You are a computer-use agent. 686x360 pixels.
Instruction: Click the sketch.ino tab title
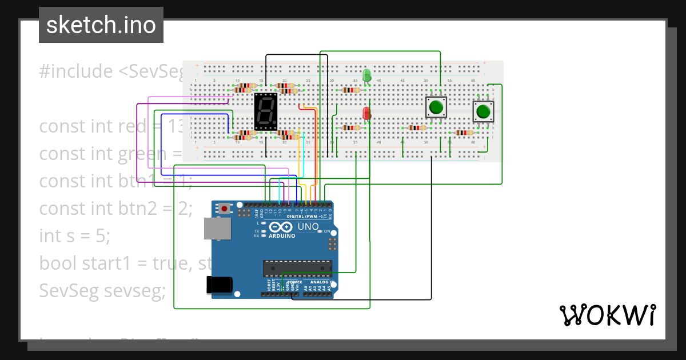pos(101,25)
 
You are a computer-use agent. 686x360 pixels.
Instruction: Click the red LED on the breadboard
pos(366,113)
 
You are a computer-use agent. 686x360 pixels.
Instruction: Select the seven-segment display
pos(266,111)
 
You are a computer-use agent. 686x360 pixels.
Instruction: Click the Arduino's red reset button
pos(224,209)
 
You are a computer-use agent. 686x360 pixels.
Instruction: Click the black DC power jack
pos(220,284)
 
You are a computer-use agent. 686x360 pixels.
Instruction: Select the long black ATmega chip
pos(297,267)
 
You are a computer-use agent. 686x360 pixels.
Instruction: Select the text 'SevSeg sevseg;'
pos(102,290)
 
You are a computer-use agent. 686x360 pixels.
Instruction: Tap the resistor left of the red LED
pos(350,128)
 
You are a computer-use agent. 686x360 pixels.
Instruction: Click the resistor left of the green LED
pos(350,90)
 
